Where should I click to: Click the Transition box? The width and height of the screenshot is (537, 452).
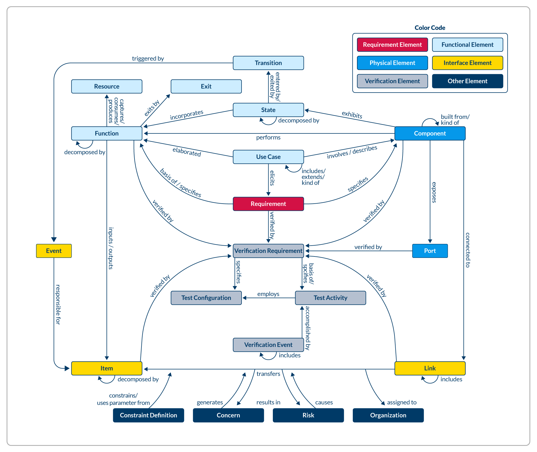click(268, 63)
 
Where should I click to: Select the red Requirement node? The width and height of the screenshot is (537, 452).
click(268, 204)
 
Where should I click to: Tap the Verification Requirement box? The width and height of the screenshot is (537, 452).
click(268, 251)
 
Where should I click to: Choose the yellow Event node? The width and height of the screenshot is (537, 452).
click(54, 251)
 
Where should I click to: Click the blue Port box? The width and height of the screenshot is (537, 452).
click(430, 251)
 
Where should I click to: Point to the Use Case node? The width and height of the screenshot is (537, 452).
click(268, 157)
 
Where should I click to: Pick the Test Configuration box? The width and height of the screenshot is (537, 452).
click(206, 298)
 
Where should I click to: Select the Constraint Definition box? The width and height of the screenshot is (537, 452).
click(148, 415)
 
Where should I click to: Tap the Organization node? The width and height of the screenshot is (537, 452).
click(388, 415)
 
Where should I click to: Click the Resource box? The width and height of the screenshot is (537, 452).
click(107, 86)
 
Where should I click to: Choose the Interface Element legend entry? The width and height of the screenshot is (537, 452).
click(467, 63)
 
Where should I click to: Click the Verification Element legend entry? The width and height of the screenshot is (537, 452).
click(392, 81)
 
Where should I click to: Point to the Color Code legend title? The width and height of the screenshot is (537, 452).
click(430, 28)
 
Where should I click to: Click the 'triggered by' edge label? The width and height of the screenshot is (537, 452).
click(148, 58)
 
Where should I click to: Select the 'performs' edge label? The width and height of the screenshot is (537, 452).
click(268, 137)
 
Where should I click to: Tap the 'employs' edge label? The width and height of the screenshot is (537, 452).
click(268, 294)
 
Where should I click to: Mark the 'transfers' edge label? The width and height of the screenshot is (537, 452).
click(268, 374)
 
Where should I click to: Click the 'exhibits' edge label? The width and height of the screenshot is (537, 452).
click(352, 115)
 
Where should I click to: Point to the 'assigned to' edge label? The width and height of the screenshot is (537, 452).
click(402, 402)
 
